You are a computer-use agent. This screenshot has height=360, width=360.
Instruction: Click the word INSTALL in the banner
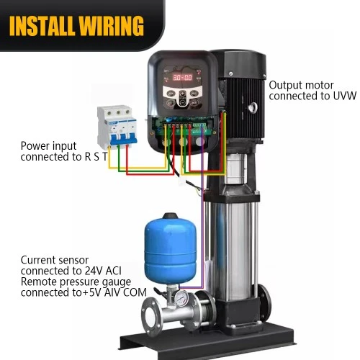click(41, 26)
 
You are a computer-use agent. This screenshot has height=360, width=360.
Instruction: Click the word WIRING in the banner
click(111, 26)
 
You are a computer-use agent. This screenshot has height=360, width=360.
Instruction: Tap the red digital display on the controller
click(183, 77)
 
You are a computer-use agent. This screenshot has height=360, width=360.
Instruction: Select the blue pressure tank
click(171, 249)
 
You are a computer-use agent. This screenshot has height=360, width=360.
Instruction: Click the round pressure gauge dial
click(181, 299)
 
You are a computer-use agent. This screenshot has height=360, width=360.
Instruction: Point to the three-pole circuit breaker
click(117, 126)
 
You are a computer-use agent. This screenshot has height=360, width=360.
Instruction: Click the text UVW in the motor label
click(345, 96)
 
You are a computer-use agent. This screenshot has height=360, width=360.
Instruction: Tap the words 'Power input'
click(48, 146)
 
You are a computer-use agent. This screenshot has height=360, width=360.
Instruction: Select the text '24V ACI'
click(103, 271)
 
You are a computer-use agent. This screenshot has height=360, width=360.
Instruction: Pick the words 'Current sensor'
click(55, 260)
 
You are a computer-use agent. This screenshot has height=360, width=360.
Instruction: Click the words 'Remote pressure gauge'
click(76, 282)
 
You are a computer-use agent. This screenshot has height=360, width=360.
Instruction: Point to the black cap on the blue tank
click(170, 216)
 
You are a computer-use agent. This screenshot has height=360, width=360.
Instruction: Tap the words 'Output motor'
click(301, 86)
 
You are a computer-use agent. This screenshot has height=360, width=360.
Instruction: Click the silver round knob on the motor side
click(252, 107)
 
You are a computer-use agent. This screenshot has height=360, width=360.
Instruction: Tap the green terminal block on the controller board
click(199, 127)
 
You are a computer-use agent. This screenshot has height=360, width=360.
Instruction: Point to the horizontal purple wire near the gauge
click(191, 287)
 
